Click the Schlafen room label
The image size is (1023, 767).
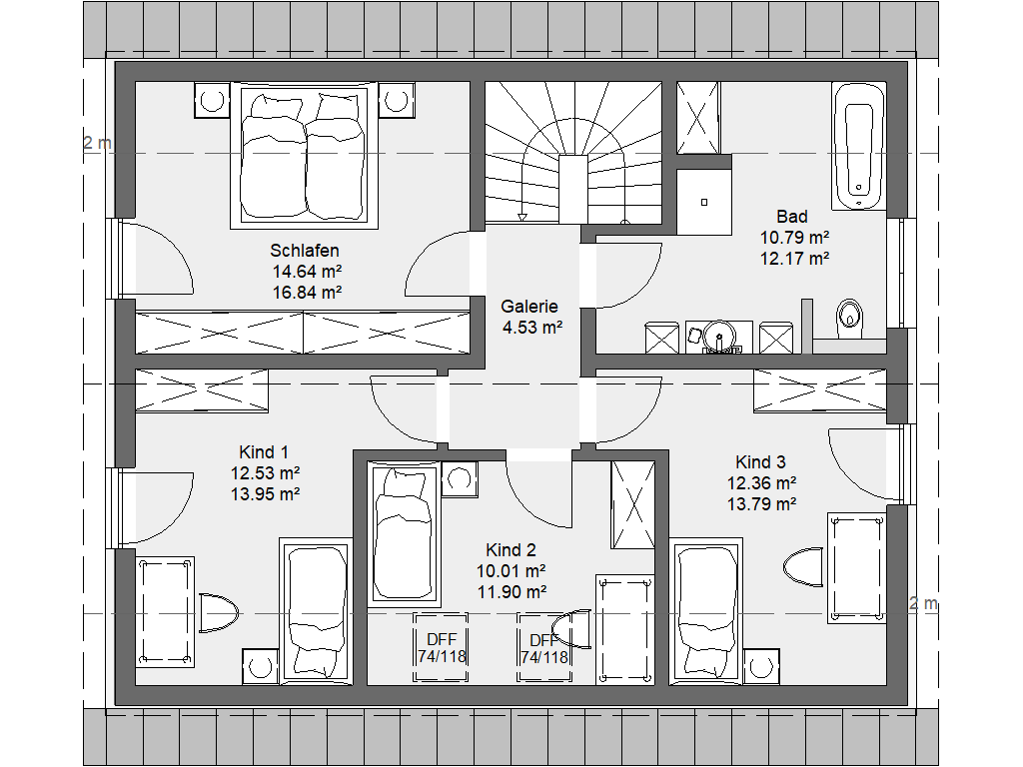pos(305,251)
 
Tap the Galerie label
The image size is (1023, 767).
pos(529,307)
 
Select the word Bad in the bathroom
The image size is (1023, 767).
pos(792,217)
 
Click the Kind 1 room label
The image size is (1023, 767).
pos(264,452)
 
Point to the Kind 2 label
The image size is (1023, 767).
pos(511,550)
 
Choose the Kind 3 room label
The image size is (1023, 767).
pos(760,462)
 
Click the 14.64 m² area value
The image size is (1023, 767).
pos(307,272)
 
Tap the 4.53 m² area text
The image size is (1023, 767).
pos(531,328)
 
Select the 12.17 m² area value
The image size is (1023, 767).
pos(794,259)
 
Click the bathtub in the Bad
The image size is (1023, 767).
pos(858,146)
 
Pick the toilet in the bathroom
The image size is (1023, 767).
pos(849,316)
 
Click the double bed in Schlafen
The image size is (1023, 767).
pos(304,155)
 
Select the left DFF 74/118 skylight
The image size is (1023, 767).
pos(441,647)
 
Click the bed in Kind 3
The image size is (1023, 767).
pos(706,611)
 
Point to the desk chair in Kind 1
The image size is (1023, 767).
pos(218,613)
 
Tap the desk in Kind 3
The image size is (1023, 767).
pos(856,568)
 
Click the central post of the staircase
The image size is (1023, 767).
pos(573,189)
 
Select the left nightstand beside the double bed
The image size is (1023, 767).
pos(212,100)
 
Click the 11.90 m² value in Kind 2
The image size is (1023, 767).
pos(511,592)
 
